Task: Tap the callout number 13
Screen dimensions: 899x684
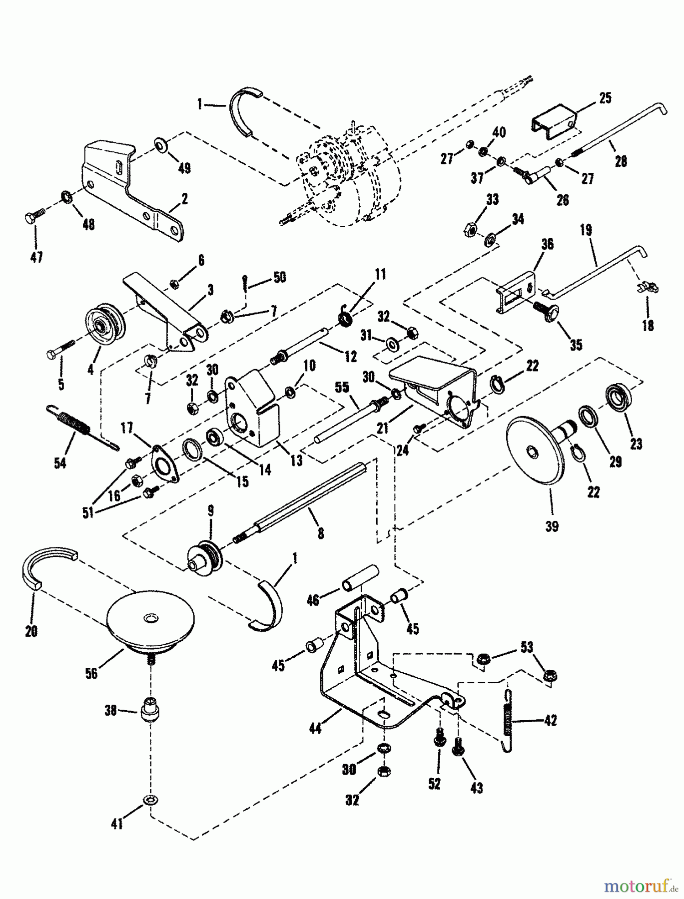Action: (x=297, y=460)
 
